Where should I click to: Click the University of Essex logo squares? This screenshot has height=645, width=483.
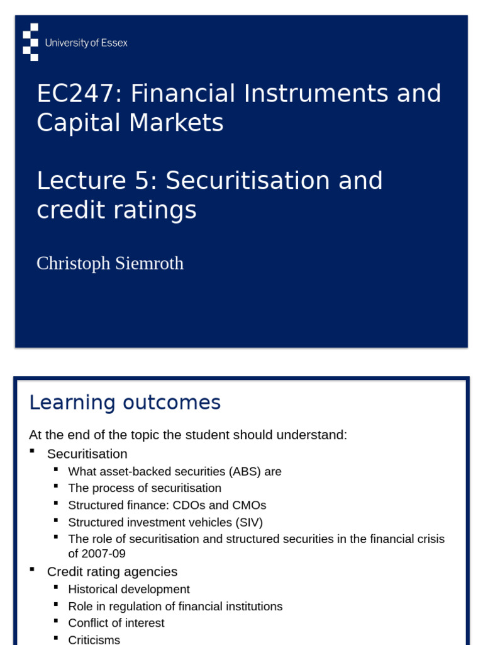pyautogui.click(x=30, y=42)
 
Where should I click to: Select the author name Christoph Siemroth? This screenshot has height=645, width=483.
pyautogui.click(x=110, y=263)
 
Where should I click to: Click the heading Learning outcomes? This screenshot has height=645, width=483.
pyautogui.click(x=125, y=402)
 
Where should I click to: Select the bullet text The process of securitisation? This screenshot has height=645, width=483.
pyautogui.click(x=145, y=488)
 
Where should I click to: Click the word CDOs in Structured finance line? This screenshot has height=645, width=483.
pyautogui.click(x=213, y=505)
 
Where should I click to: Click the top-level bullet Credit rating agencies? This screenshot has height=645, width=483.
pyautogui.click(x=112, y=571)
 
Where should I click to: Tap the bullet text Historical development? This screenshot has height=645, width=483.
pyautogui.click(x=129, y=589)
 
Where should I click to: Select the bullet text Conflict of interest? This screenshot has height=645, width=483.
pyautogui.click(x=116, y=623)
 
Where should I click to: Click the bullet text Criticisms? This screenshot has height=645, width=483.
pyautogui.click(x=94, y=639)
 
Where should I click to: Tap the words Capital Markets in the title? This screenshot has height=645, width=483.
pyautogui.click(x=130, y=123)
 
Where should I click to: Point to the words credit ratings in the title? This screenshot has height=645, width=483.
pyautogui.click(x=116, y=210)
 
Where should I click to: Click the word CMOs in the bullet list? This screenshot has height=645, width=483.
pyautogui.click(x=250, y=505)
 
